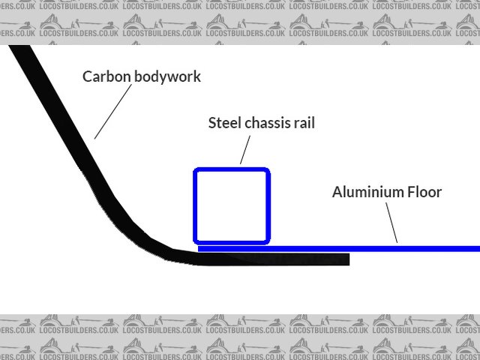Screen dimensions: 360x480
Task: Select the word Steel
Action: click(x=225, y=123)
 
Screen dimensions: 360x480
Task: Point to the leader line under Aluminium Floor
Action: click(x=390, y=223)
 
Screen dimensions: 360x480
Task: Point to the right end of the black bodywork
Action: click(x=346, y=259)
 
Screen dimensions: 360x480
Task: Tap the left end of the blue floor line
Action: click(x=200, y=248)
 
